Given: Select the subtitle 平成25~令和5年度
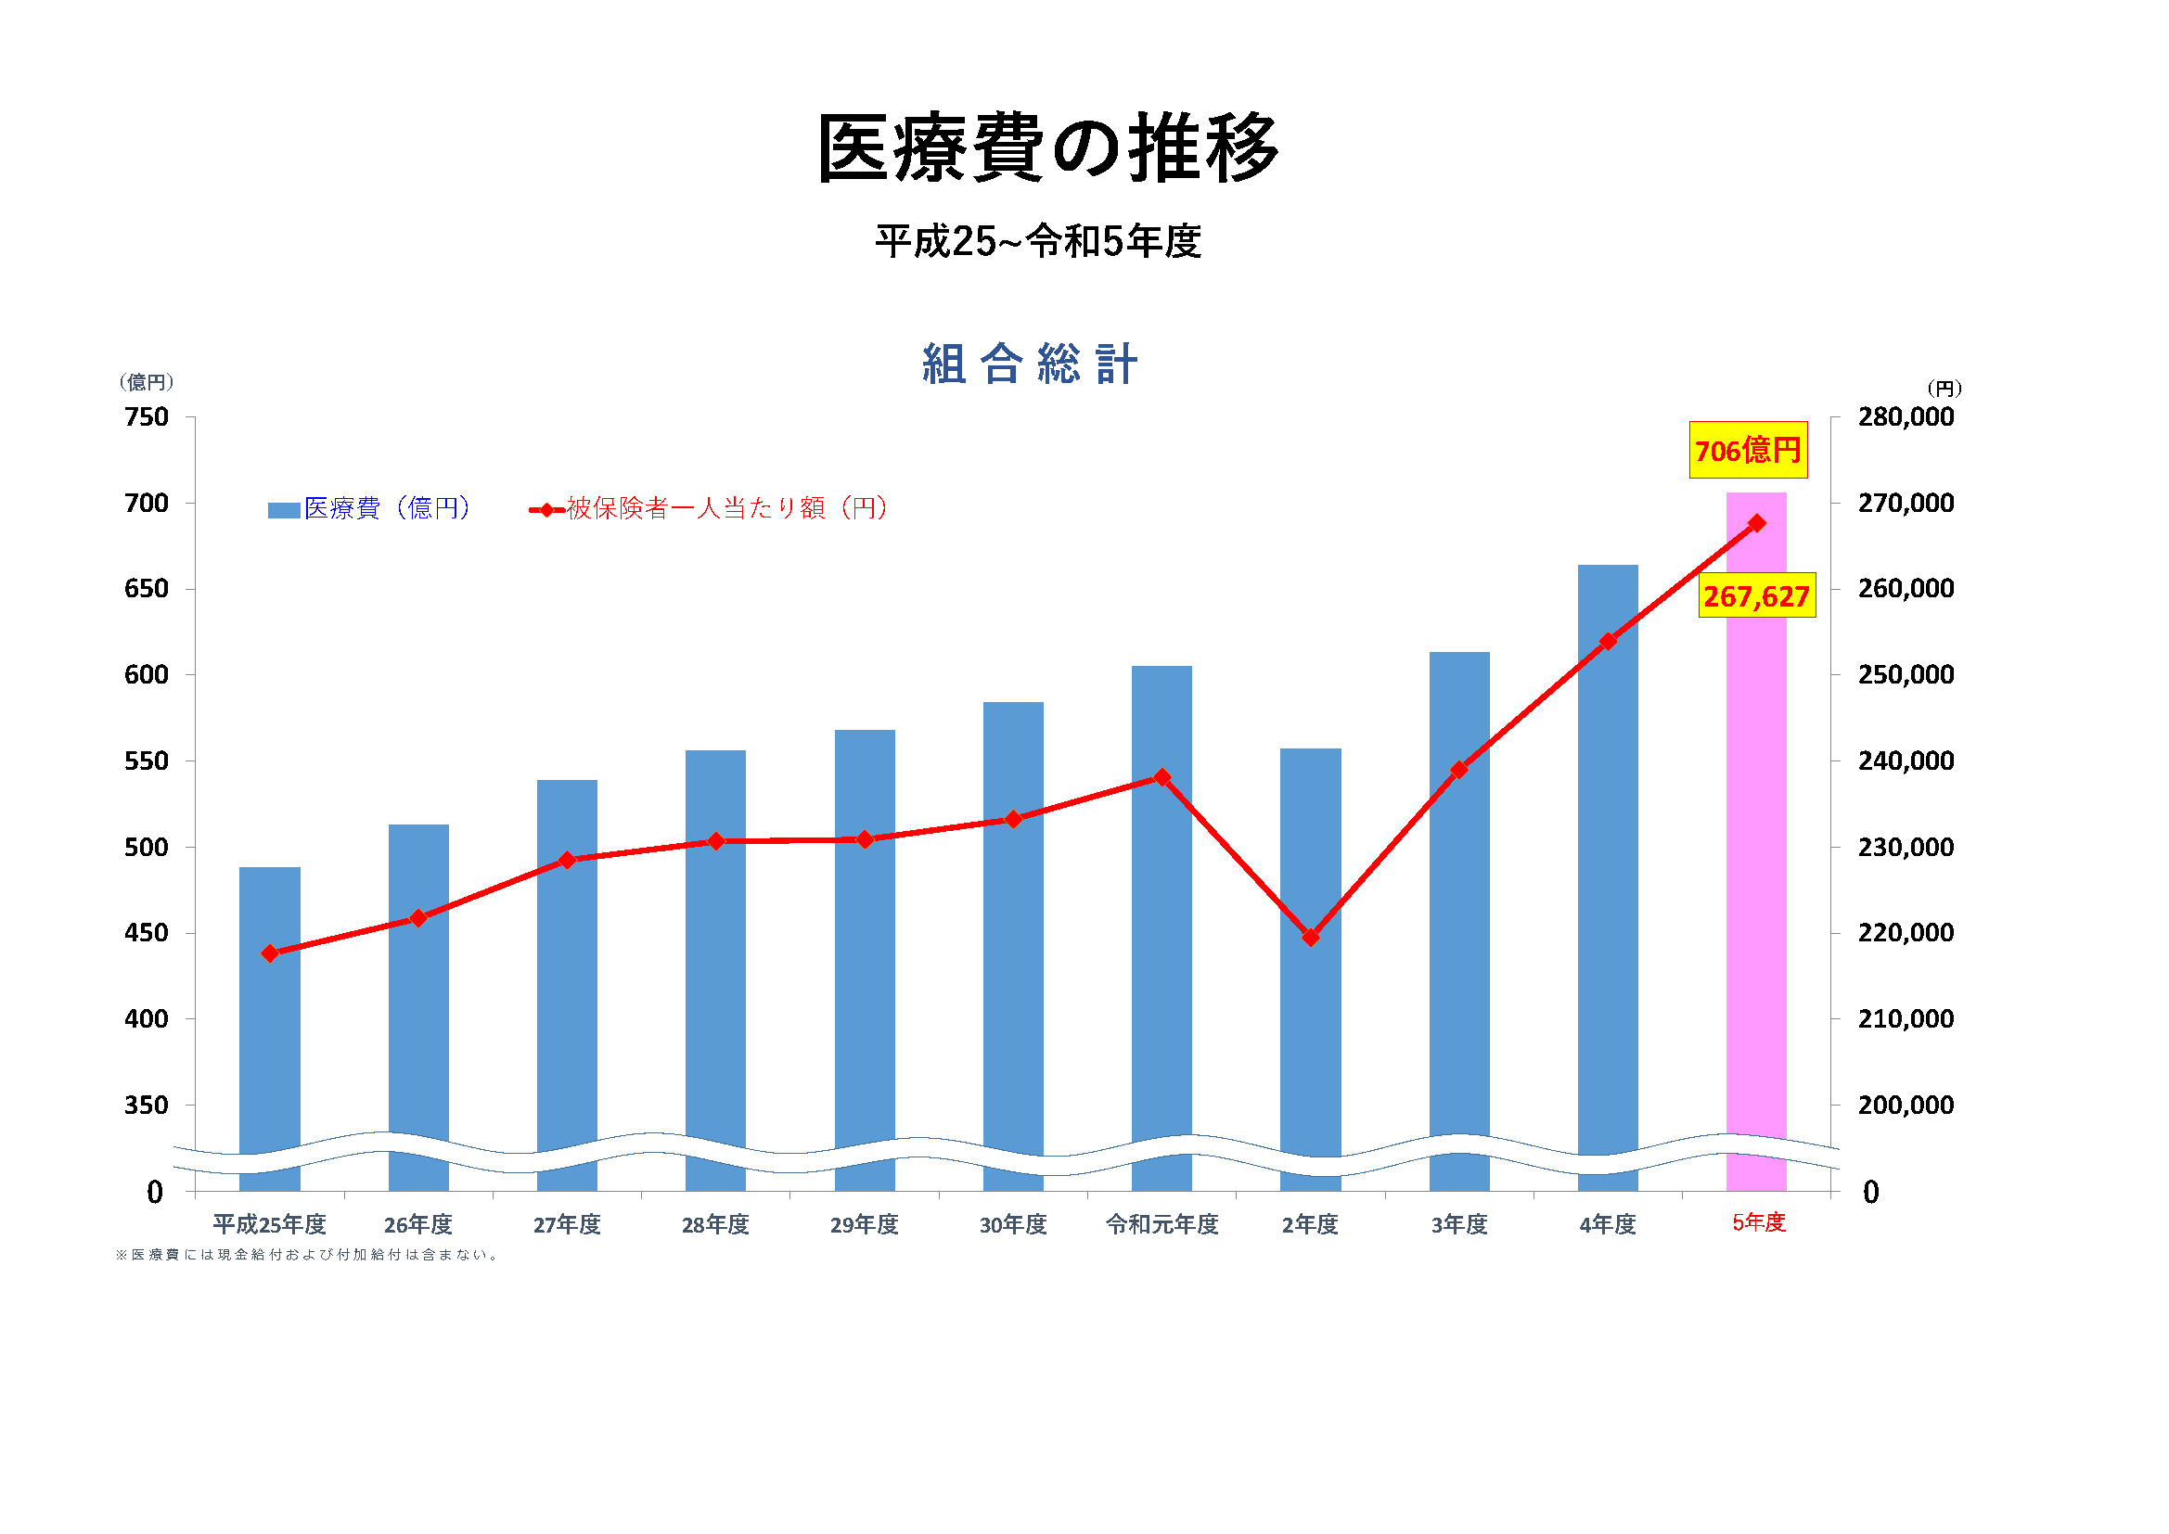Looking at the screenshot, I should tap(1037, 242).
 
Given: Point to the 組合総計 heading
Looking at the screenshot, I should tap(1030, 364).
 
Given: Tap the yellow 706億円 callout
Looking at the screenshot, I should tap(1747, 451).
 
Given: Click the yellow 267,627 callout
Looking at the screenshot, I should tap(1755, 596).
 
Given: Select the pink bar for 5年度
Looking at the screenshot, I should tap(1755, 850).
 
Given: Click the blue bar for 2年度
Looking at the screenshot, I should tap(1309, 1039).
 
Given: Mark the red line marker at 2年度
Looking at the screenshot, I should tap(1309, 937).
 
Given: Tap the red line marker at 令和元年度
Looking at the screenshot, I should tap(1161, 777).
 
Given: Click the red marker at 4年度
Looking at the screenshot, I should tap(1607, 642).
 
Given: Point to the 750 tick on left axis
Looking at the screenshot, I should tap(147, 416).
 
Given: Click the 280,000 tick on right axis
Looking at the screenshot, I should tap(1905, 416).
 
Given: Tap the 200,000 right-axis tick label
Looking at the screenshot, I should tap(1905, 1105).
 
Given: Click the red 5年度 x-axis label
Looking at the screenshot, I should tap(1757, 1222).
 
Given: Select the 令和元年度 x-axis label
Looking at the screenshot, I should tap(1161, 1224).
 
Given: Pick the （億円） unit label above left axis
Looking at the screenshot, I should tap(147, 381).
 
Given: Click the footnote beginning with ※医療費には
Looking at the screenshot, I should tap(307, 1255).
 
